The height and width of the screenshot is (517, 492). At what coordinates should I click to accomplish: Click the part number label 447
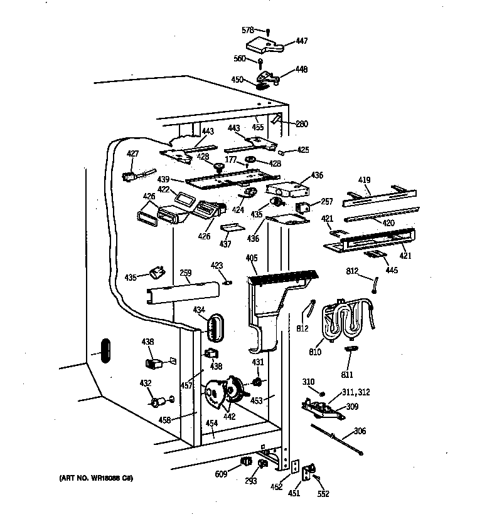(x=302, y=41)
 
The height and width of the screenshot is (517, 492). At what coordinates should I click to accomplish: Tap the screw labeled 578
(x=268, y=31)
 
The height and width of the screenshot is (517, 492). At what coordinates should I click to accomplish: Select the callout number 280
(x=302, y=123)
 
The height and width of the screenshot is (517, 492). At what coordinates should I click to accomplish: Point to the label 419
(x=365, y=179)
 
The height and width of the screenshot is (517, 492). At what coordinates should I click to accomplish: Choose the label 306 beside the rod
(x=359, y=431)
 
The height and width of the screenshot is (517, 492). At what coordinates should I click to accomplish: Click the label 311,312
(x=356, y=392)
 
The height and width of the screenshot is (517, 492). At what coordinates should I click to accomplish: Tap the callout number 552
(x=323, y=493)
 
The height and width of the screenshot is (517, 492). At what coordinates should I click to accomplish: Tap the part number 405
(x=252, y=257)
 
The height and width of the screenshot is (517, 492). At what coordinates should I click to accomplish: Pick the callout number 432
(x=145, y=383)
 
